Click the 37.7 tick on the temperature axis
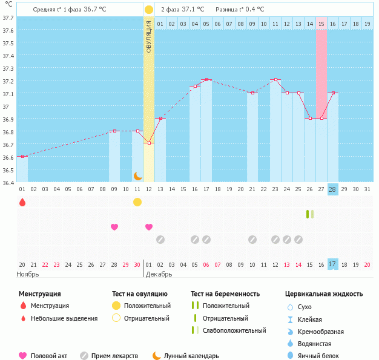pyautogui.click(x=8, y=18)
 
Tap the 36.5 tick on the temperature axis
pyautogui.click(x=8, y=170)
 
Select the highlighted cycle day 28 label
pyautogui.click(x=332, y=189)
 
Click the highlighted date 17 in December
pyautogui.click(x=332, y=264)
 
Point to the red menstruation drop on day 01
pyautogui.click(x=22, y=202)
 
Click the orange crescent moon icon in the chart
pyautogui.click(x=137, y=176)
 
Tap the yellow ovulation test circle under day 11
pyautogui.click(x=137, y=202)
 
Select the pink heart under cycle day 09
pyautogui.click(x=114, y=227)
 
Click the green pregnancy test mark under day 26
pyautogui.click(x=309, y=214)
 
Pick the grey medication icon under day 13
pyautogui.click(x=160, y=240)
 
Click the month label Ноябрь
pyautogui.click(x=28, y=274)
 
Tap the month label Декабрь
pyautogui.click(x=159, y=274)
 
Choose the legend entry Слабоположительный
pyautogui.click(x=234, y=330)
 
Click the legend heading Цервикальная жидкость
pyautogui.click(x=324, y=293)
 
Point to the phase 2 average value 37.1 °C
pyautogui.click(x=191, y=10)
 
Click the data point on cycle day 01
pyautogui.click(x=22, y=157)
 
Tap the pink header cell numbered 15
pyautogui.click(x=321, y=24)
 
